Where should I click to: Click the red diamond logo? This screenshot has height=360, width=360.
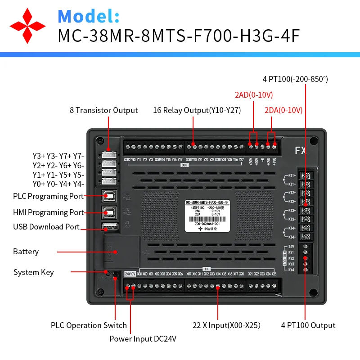click(28, 25)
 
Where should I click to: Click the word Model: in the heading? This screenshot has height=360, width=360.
click(89, 16)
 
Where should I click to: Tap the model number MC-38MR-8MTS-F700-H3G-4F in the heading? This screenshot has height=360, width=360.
click(179, 36)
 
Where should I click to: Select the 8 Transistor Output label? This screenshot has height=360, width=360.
click(103, 110)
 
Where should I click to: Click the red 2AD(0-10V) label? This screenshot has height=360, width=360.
click(254, 95)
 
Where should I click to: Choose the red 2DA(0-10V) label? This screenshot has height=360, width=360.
click(283, 110)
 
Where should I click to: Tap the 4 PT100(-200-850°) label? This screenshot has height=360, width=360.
click(295, 79)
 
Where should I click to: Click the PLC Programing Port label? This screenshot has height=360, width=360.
click(48, 196)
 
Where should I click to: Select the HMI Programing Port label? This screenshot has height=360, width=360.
click(48, 212)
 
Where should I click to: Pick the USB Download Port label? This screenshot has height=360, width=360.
click(46, 227)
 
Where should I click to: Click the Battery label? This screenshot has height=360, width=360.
click(26, 252)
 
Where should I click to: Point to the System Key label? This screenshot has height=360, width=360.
click(33, 272)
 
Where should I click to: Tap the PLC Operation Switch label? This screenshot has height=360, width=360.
click(89, 325)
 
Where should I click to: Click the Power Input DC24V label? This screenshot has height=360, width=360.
click(143, 339)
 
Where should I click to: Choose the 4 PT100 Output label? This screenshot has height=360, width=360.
click(308, 325)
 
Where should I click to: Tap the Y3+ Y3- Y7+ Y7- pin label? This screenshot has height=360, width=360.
click(58, 156)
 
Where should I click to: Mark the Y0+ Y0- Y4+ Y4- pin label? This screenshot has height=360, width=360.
click(58, 184)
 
